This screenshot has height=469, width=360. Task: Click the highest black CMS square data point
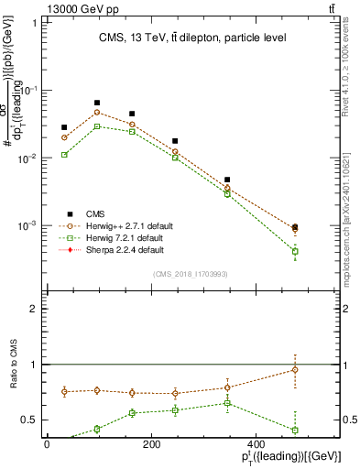(x=97, y=104)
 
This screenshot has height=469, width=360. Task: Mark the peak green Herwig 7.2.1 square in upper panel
(x=97, y=126)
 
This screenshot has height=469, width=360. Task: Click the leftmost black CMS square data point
(x=64, y=127)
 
